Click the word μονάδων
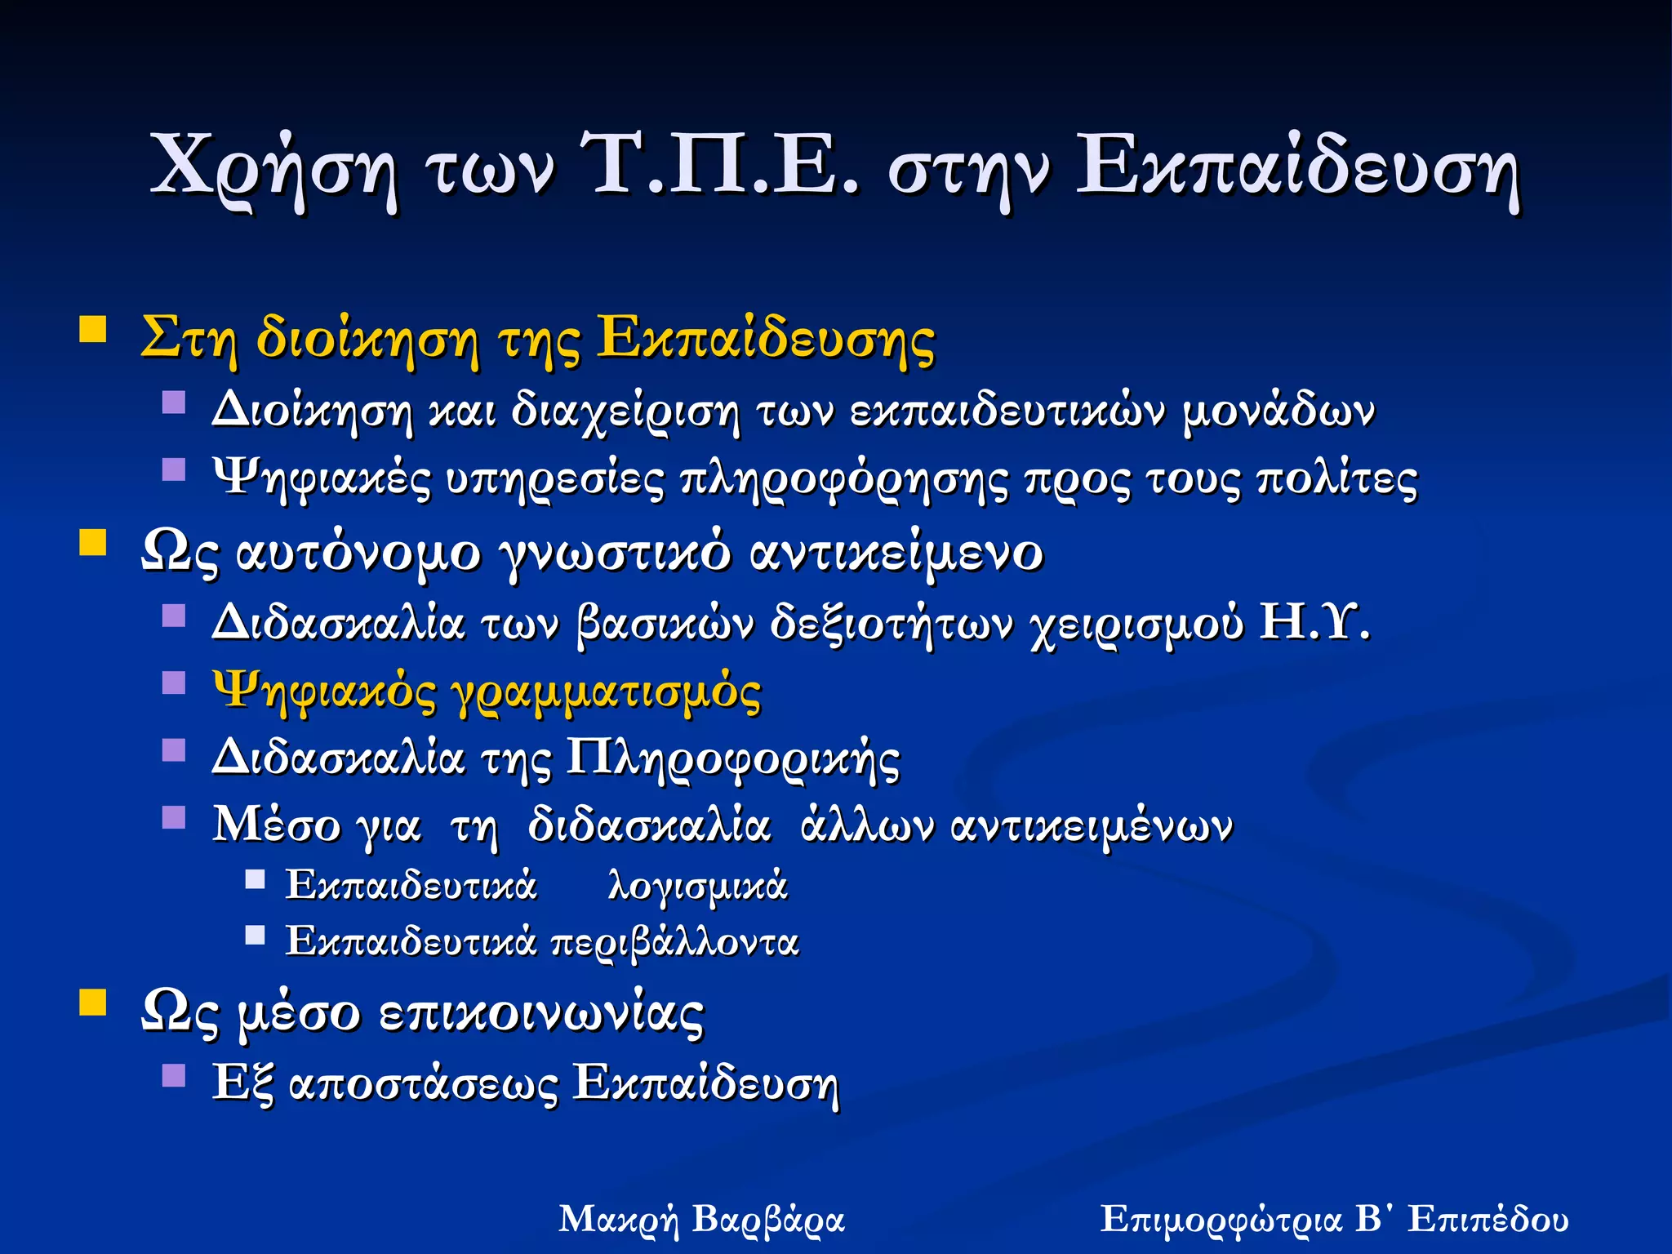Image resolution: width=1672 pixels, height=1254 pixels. (1278, 410)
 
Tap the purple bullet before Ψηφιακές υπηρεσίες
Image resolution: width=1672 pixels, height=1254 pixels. (174, 469)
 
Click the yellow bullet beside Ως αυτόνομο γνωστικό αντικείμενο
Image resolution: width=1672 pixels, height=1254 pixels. (93, 542)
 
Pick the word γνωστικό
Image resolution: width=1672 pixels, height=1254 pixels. (616, 554)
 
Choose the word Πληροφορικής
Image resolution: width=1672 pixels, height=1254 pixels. (732, 759)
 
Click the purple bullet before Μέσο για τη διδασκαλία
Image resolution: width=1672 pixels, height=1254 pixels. (174, 817)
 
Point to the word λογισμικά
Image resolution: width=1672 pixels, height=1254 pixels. (697, 886)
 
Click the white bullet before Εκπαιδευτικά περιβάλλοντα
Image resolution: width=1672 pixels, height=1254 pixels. (256, 935)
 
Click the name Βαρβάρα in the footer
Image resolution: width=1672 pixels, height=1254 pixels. (767, 1220)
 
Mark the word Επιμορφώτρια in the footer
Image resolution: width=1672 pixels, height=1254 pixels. (1221, 1220)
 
